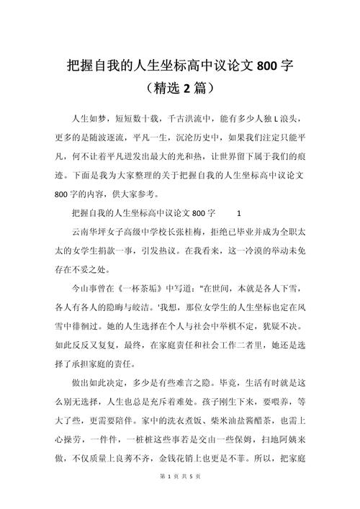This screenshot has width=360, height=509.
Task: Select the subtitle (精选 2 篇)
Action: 179,89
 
